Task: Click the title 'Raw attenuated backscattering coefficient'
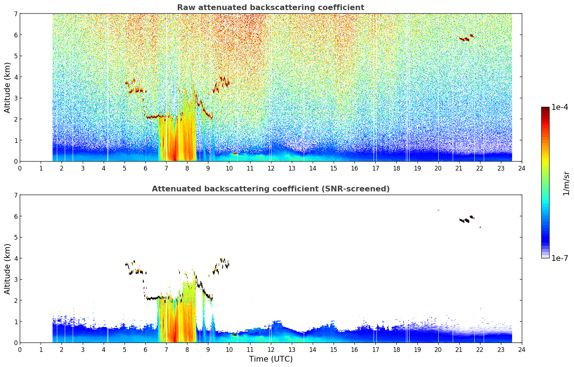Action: [271, 8]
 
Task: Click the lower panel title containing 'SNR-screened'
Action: [271, 189]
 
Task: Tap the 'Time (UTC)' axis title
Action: [271, 359]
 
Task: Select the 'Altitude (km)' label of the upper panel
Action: [7, 88]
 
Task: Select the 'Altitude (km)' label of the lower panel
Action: [7, 269]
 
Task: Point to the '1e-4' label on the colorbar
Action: [560, 107]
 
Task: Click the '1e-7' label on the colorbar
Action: [560, 258]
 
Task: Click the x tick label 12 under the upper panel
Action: [271, 168]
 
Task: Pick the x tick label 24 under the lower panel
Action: [522, 350]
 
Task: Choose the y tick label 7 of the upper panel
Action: [16, 14]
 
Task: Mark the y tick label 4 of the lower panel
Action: [16, 258]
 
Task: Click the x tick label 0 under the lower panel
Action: [20, 350]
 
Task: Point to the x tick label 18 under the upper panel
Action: [397, 168]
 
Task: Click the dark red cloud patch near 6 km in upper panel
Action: [467, 38]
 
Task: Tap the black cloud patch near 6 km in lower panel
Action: [467, 219]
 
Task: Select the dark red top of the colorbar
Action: [545, 109]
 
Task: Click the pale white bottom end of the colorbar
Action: [545, 256]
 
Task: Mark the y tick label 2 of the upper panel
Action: [16, 119]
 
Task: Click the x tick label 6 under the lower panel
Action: [145, 350]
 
